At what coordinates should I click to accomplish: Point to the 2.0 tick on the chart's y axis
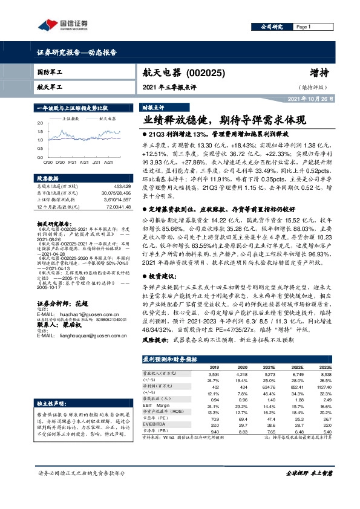[39, 123]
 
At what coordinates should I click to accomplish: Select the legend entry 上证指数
[71, 119]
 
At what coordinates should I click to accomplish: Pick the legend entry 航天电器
[100, 119]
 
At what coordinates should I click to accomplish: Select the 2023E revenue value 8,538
[325, 374]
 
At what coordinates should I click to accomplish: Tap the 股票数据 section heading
[47, 179]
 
